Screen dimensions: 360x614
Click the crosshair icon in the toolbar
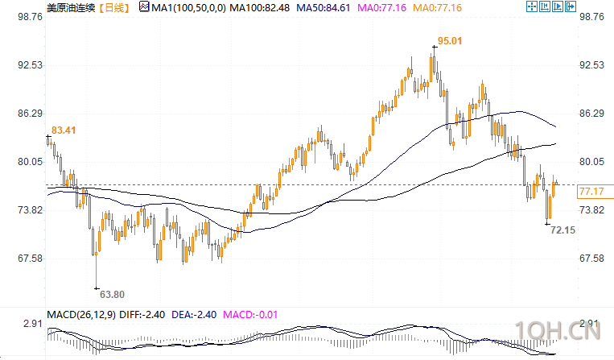point(532,6)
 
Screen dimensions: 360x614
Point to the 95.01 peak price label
point(450,40)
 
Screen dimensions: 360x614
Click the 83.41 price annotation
point(64,129)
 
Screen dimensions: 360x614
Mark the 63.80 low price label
point(111,294)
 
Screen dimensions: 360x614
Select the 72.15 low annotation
point(562,230)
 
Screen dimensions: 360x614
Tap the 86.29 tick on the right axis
point(592,114)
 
